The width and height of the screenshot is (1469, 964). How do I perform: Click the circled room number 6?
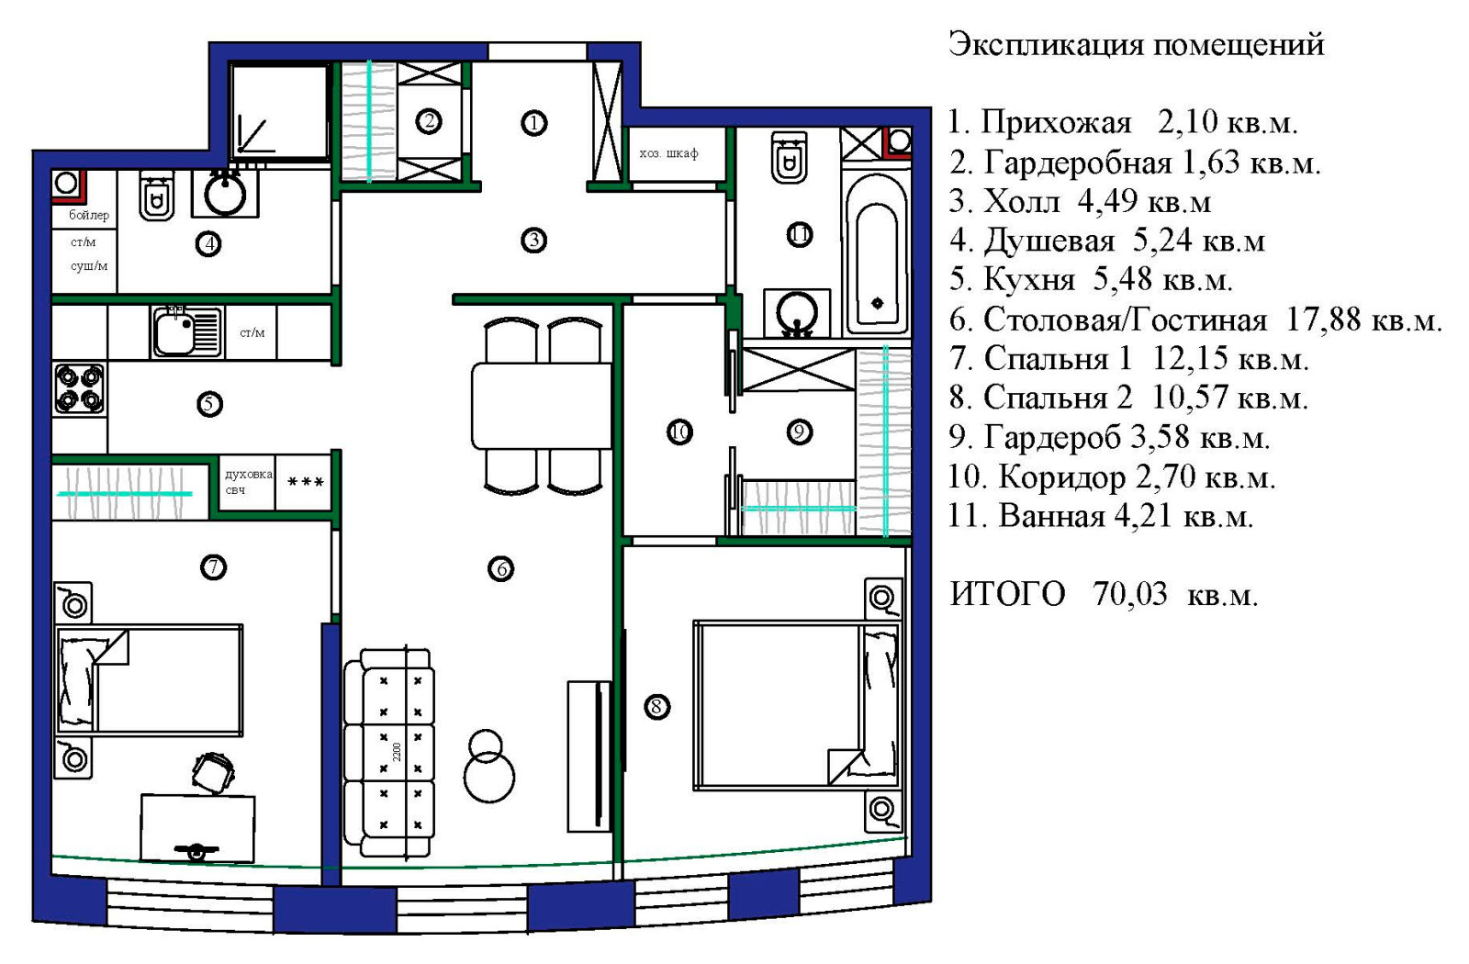pos(500,569)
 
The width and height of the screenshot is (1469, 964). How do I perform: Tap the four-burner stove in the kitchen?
pos(79,389)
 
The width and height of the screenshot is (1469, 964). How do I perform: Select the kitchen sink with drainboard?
pos(187,331)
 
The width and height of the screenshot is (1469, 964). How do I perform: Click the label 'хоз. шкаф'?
pos(668,153)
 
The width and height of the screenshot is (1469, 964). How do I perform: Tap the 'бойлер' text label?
pos(89,215)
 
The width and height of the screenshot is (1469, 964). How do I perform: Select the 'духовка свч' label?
pos(248,482)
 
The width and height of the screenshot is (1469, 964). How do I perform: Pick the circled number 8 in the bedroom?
pos(656,707)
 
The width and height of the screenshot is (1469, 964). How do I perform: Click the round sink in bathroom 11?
pos(796,313)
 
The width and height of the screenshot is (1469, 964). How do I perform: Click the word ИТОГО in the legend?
pos(1007,594)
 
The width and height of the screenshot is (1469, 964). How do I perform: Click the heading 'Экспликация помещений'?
pos(1136,43)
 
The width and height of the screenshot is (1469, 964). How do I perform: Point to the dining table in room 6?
pos(541,406)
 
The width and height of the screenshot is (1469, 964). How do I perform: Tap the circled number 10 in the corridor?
pos(679,432)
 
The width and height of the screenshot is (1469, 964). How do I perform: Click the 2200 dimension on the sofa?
pos(397,751)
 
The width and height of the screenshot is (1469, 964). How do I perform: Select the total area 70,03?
pos(1129,594)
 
